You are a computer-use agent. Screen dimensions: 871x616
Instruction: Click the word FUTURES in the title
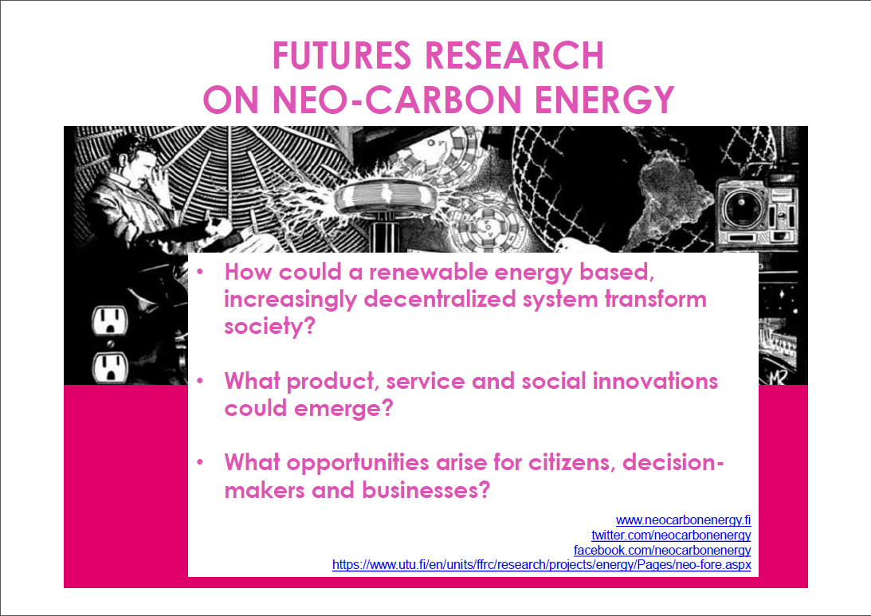342,56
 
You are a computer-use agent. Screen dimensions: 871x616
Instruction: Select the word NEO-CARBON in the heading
397,100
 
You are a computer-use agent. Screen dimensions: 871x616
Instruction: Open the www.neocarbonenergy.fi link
683,520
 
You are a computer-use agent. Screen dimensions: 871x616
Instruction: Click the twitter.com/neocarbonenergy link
671,536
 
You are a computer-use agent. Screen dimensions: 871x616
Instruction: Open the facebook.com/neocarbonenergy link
662,551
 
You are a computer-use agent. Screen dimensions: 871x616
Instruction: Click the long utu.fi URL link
542,565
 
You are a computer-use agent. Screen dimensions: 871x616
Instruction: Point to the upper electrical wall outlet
109,320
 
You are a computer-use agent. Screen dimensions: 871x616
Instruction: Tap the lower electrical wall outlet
110,367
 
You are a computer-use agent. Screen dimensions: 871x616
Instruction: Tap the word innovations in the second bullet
655,381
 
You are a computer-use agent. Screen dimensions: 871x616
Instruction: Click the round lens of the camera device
743,208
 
